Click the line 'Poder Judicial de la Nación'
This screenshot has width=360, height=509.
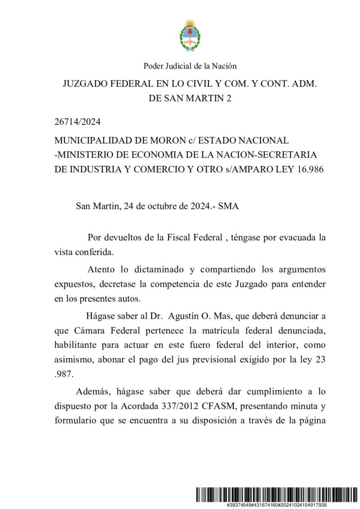click(x=189, y=66)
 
